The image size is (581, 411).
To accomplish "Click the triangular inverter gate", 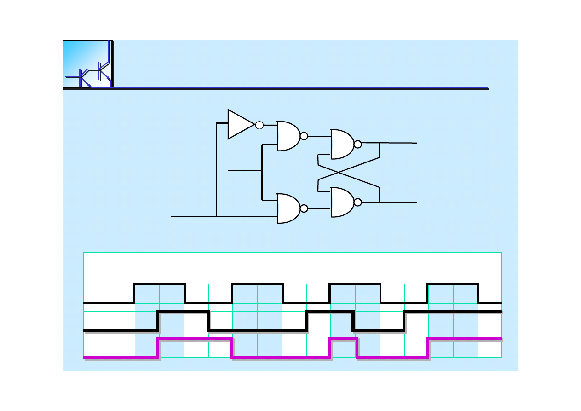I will point(239,124).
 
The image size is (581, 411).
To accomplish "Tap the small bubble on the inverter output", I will point(259,125).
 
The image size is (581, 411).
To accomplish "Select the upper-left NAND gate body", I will point(288,136).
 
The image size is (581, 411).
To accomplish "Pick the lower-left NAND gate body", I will point(288,208).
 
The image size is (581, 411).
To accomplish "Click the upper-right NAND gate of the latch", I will point(342,145).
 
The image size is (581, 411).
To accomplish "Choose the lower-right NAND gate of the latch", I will point(342,203).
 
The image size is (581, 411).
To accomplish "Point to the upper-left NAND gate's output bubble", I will point(304,136).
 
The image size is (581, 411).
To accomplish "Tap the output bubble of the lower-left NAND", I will point(304,208).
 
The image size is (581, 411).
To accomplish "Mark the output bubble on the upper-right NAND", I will point(357,145).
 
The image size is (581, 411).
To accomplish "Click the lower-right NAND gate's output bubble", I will point(357,203).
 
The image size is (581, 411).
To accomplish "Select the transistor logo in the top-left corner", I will point(87,64).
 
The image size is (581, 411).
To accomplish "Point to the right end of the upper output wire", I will point(415,143).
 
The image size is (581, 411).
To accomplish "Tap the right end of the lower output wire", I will point(415,202).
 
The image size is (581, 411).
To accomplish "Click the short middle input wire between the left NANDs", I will point(245,170).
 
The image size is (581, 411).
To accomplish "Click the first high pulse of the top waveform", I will point(159,284).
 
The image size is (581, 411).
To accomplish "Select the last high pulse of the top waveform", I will point(453,284).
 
